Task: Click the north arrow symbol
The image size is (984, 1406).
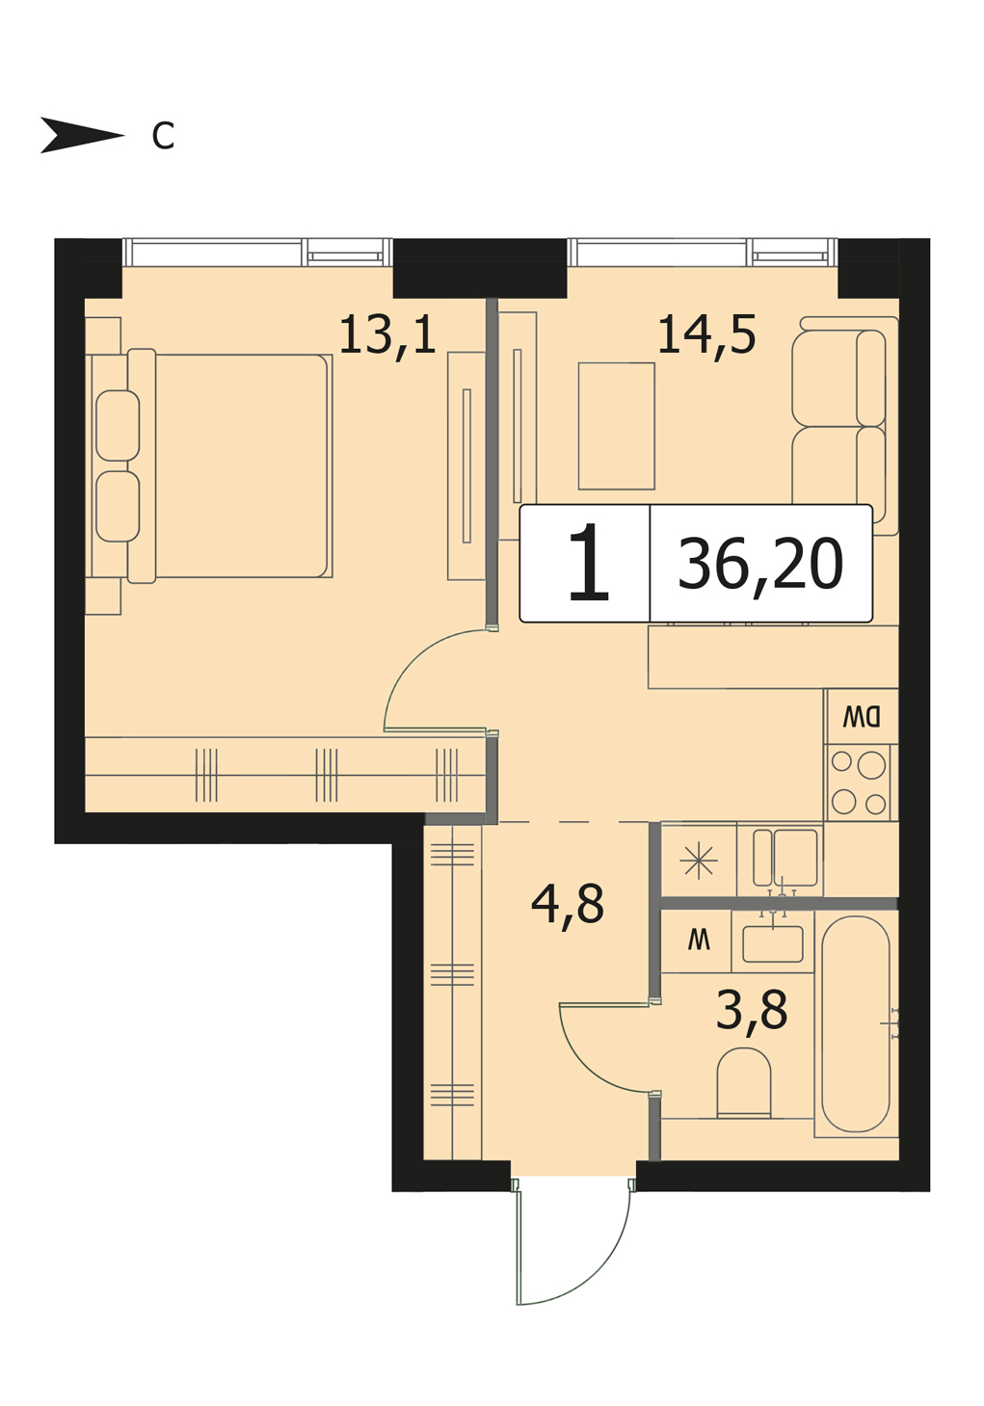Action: pos(82,135)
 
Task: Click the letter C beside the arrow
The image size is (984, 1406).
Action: pos(163,135)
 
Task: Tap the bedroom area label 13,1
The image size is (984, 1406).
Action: pos(387,334)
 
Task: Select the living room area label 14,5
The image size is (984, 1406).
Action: pos(706,334)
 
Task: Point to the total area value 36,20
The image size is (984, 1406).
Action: pos(760,564)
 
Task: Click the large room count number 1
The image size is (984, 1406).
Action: pos(589,563)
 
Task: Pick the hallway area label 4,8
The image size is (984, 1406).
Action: pos(568,903)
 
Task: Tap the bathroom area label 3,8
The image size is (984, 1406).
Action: pos(752,1009)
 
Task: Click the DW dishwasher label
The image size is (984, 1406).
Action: pos(863,716)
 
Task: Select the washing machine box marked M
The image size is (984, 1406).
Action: pos(697,941)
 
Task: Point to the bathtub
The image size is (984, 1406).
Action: pos(856,1023)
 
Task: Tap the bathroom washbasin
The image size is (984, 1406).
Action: pos(773,943)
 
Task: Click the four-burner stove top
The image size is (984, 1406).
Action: pos(859,783)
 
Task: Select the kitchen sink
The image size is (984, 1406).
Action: pos(785,858)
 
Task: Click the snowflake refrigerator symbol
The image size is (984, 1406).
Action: pos(699,860)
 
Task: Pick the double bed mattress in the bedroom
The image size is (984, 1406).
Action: pos(242,465)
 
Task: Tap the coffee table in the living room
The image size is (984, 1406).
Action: pos(616,426)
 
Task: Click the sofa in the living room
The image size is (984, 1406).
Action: pos(844,426)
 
